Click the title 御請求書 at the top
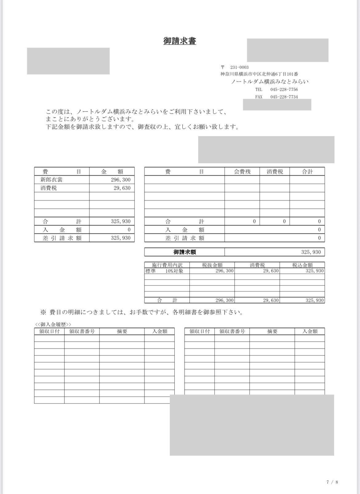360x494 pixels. click(180, 41)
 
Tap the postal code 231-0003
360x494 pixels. click(239, 67)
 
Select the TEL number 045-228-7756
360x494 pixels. click(284, 89)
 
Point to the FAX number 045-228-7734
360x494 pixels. click(284, 97)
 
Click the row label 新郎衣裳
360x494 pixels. click(51, 180)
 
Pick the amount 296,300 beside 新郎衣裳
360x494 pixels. click(121, 180)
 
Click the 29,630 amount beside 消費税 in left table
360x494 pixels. click(122, 188)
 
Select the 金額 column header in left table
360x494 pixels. click(112, 172)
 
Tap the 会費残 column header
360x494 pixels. click(242, 172)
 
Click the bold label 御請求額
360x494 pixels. click(185, 252)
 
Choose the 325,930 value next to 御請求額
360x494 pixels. click(311, 252)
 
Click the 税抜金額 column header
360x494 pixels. click(212, 265)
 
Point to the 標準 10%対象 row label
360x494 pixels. click(164, 271)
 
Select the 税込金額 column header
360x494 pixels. click(302, 265)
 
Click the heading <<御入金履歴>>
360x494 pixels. click(53, 324)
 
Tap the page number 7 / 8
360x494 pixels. click(332, 482)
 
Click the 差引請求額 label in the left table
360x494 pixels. click(62, 238)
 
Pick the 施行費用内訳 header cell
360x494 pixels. click(167, 265)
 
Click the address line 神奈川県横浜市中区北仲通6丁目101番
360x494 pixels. click(259, 74)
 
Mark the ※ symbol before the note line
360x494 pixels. click(43, 312)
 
